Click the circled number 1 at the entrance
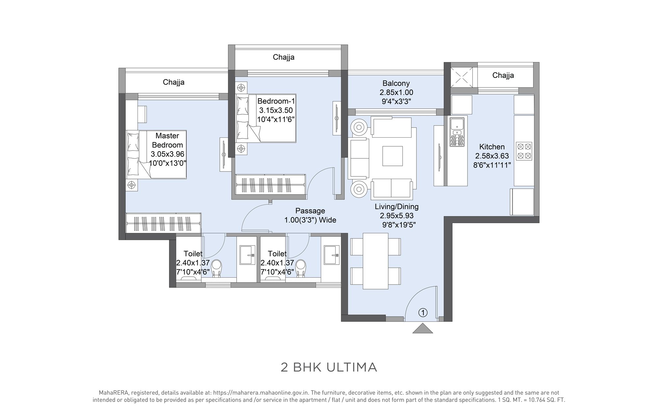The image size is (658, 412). tap(423, 312)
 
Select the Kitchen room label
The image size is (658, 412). tap(492, 147)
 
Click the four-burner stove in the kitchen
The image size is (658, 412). tap(524, 151)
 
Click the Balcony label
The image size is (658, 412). tap(396, 83)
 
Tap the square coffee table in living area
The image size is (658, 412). tap(392, 156)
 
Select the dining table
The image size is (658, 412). tap(375, 261)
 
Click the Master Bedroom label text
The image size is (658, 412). tap(167, 140)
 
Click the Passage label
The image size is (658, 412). tap(310, 211)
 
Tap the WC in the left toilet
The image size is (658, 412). tap(216, 268)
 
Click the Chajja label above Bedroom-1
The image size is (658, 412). tap(283, 57)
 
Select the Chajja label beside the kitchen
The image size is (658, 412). tap(503, 75)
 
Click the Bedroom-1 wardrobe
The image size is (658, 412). tap(270, 185)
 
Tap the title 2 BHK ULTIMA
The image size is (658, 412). tap(329, 367)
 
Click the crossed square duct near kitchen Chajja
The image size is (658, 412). tap(463, 77)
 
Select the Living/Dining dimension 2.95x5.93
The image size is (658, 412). tap(396, 216)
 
